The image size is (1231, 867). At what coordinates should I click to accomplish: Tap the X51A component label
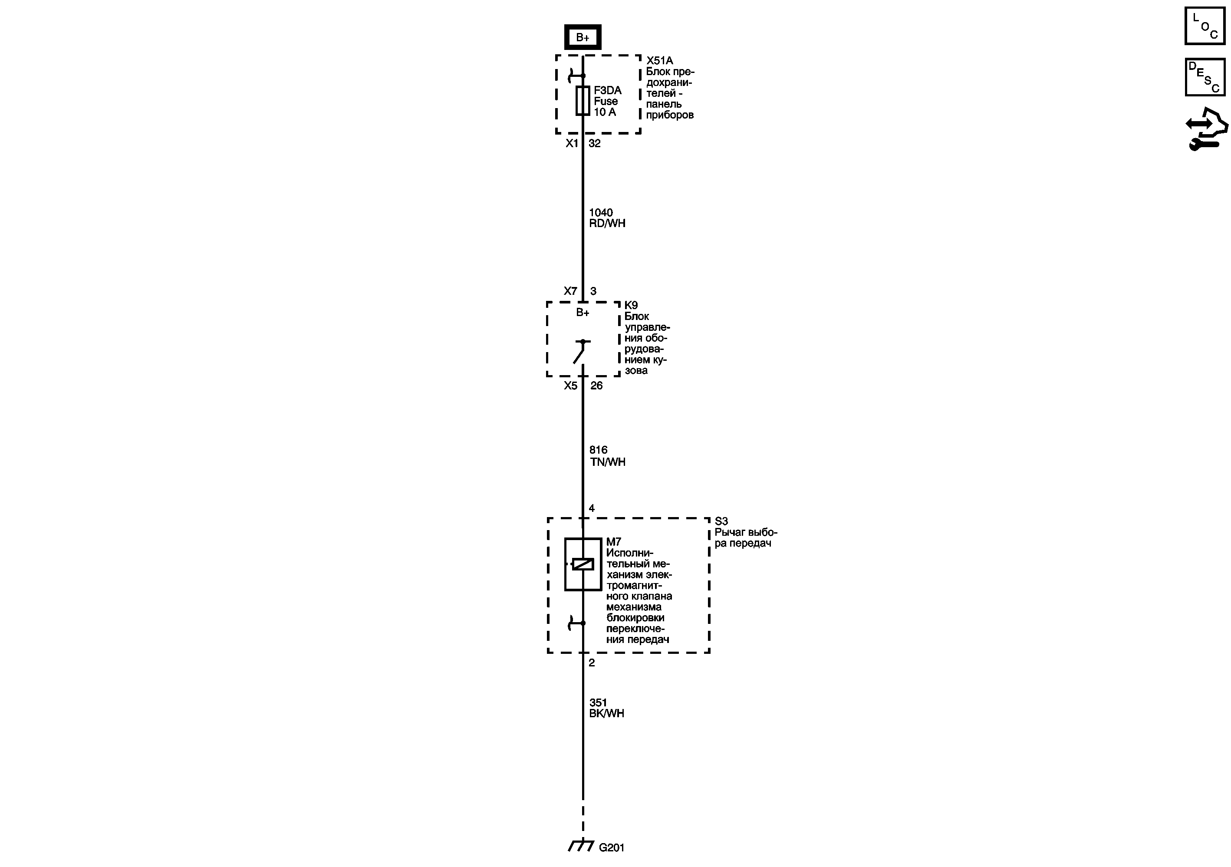659,61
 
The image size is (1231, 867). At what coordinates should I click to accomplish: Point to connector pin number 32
595,143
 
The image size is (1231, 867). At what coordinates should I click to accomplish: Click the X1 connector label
572,143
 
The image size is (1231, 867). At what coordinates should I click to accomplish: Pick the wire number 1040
600,212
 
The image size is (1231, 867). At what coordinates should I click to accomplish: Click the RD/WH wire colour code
607,224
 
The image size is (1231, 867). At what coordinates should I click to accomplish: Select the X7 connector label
570,291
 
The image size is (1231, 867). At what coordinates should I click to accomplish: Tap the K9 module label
631,306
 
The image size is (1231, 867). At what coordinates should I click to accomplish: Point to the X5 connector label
570,386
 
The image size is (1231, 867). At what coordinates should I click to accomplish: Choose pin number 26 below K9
596,386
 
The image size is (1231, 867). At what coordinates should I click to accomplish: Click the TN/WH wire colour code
607,462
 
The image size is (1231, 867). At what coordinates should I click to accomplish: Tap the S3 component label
721,521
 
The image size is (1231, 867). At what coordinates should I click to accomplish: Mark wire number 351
598,702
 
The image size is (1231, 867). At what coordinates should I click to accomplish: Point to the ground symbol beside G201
581,846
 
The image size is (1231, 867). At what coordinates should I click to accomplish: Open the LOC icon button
1205,26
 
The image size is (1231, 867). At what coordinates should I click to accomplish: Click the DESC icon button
1205,77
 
